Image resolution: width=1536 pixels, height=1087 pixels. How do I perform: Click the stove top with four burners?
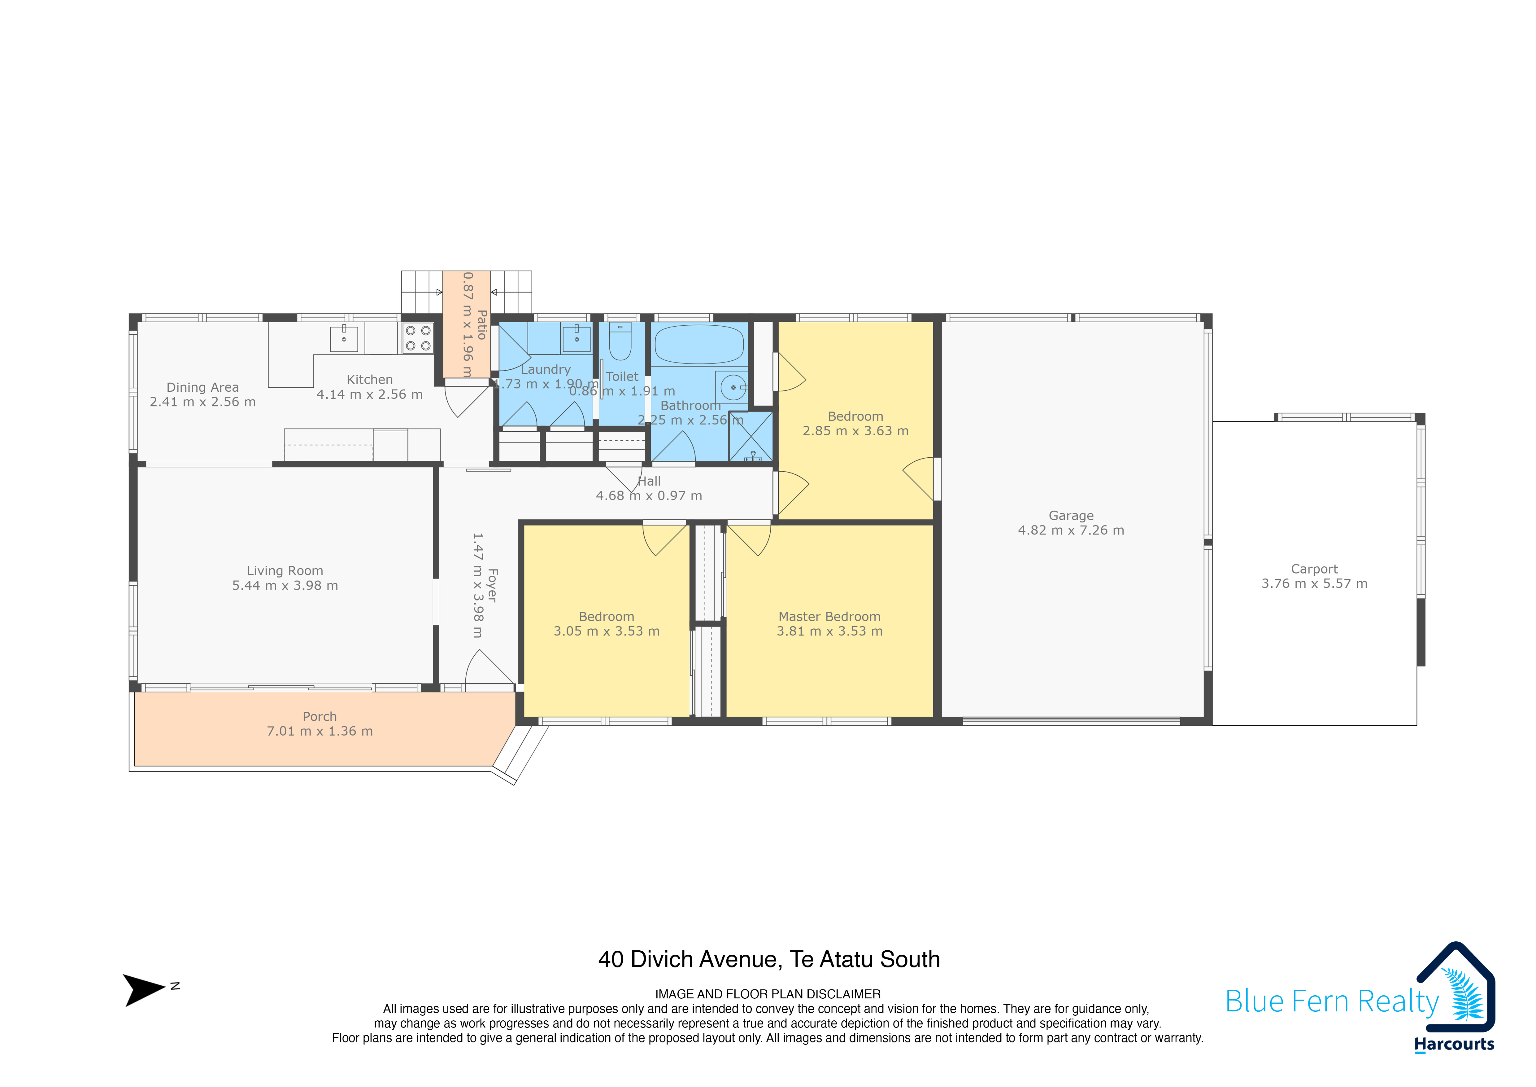(x=418, y=338)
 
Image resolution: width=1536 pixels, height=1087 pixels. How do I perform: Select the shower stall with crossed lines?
(x=751, y=436)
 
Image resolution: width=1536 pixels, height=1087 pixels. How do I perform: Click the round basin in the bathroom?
(x=733, y=387)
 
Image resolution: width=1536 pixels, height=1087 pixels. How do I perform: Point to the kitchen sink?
(x=344, y=338)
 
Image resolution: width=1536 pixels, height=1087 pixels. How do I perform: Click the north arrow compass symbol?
(x=145, y=990)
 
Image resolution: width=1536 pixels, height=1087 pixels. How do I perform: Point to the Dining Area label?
(x=203, y=388)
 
